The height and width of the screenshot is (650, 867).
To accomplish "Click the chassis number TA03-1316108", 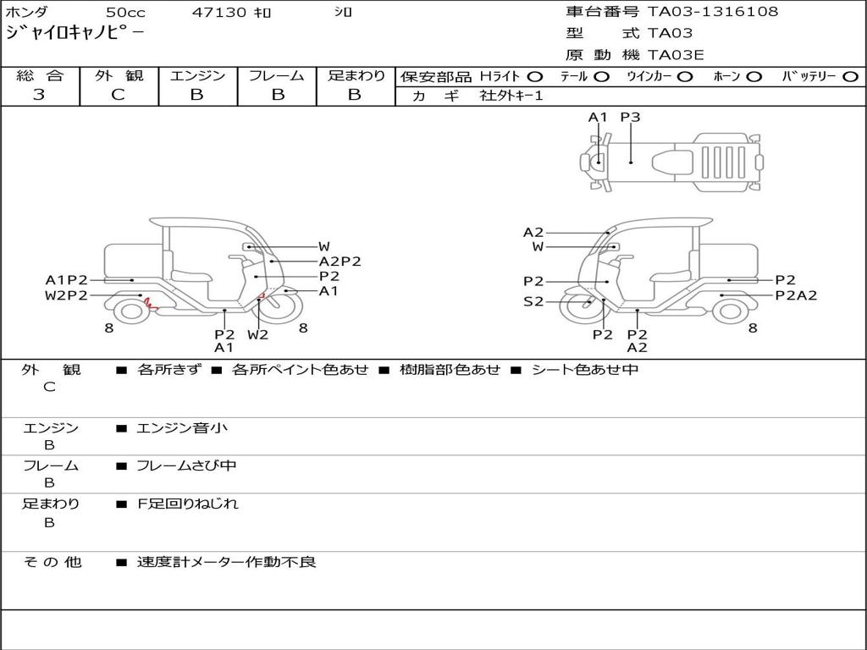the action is point(712,12).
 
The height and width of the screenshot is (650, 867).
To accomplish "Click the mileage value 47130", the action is point(219,12).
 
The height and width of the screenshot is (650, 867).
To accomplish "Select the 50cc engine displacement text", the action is point(124,12).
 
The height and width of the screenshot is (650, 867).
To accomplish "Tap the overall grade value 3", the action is point(39,95).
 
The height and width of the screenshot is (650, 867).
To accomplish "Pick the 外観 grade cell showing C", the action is point(118,95).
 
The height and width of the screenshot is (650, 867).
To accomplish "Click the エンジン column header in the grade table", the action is point(197,75).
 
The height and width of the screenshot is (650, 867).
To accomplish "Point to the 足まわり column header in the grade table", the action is point(356,75).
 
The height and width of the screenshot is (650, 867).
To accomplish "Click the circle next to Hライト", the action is point(534,76).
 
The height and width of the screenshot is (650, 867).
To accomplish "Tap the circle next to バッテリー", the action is point(850,76).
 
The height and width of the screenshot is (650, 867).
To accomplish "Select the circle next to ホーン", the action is point(754,76).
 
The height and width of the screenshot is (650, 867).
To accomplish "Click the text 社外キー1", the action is point(511,96).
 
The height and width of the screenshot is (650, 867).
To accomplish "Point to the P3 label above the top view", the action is point(630,118).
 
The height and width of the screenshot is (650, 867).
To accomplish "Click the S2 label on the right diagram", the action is point(533,301).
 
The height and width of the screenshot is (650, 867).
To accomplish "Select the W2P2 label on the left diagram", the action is point(66,295).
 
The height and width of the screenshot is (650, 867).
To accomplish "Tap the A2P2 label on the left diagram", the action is point(340,262).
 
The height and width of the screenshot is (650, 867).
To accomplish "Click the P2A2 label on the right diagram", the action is point(796,295).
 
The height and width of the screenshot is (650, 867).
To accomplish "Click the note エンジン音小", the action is point(182,428).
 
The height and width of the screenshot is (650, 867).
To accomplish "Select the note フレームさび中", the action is point(186,465).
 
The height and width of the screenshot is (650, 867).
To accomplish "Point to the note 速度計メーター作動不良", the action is point(226,562).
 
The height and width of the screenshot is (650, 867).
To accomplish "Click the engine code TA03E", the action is point(676,55).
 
